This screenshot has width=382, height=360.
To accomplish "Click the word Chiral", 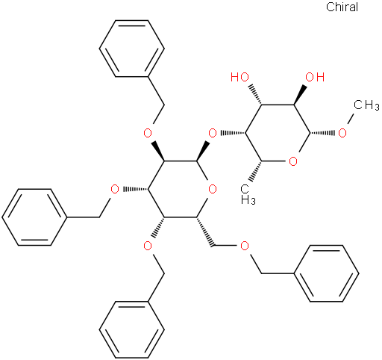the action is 342,7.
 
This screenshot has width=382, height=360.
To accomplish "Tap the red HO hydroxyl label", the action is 239,77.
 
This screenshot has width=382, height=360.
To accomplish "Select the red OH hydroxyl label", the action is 315,77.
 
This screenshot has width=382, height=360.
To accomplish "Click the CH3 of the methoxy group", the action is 366,105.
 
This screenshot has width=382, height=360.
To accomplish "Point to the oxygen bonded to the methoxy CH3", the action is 342,133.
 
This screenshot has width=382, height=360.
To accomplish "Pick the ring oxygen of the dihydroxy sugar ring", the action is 293,161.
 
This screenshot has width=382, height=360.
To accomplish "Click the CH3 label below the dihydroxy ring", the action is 248,194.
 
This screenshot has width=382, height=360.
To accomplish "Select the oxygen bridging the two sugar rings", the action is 213,133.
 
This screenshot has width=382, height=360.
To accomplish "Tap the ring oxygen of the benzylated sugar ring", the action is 213,190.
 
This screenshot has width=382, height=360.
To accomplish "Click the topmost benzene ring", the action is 131,49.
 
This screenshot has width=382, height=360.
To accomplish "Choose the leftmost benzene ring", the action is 34,217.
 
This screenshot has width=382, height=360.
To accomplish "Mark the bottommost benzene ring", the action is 131,330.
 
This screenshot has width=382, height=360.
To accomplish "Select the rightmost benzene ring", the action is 326,273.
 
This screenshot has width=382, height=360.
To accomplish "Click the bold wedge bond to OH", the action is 301,95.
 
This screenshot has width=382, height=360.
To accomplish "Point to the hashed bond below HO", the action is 255,95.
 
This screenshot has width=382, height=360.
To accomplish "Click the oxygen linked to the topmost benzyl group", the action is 148,133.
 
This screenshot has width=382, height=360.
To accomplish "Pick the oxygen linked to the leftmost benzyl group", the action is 115,190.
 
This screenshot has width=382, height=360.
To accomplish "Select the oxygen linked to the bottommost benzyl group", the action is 148,246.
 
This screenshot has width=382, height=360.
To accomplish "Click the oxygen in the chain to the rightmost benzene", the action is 245,246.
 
